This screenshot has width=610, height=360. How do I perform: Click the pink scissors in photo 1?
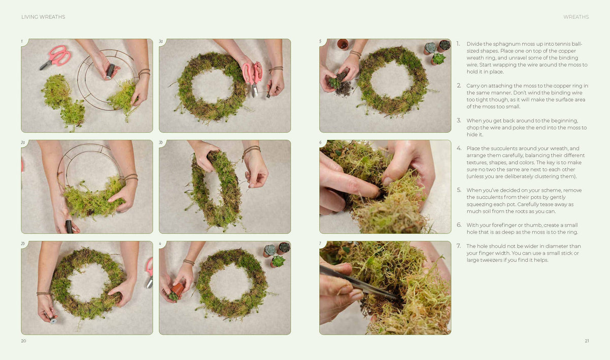56,57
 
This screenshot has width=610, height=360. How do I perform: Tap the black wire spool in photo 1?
110,71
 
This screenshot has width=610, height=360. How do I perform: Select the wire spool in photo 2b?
52,319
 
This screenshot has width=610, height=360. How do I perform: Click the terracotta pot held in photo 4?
177,289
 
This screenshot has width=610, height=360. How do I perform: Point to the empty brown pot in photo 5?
343,44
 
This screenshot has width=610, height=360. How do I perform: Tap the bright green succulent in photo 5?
438,59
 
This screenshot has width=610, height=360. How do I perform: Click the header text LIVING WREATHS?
43,17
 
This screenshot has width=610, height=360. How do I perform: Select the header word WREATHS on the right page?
576,17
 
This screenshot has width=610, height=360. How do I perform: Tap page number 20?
24,341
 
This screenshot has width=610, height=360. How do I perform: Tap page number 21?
587,341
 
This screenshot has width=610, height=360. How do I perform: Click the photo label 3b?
161,142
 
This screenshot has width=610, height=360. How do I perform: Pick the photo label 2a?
23,142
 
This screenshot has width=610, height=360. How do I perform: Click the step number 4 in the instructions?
459,148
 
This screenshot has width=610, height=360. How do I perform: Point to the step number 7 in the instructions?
459,246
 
